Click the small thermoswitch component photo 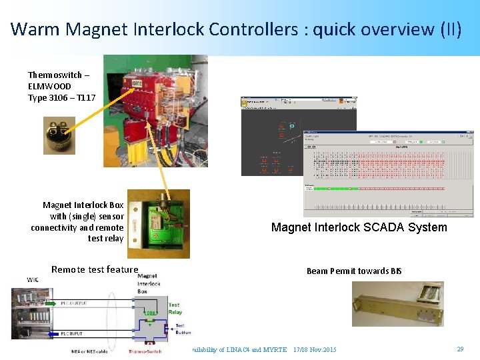coord(59,135)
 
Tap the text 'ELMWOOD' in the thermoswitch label coord(49,86)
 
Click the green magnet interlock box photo coord(159,223)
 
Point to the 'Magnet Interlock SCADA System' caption coord(359,227)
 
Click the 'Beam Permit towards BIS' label coord(354,271)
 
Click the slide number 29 coord(460,349)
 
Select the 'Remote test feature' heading coord(95,269)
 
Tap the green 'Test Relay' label coord(175,308)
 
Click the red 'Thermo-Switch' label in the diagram coord(146,350)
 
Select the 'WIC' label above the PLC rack coord(33,279)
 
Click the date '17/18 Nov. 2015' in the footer coord(315,349)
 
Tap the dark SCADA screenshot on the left coord(271,137)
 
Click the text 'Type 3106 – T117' coord(61,97)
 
